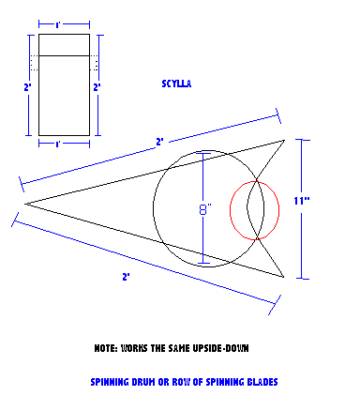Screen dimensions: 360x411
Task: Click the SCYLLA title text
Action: [x=176, y=84]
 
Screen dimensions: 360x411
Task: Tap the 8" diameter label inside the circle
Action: [x=205, y=209]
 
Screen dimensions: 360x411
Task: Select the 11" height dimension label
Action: [x=302, y=201]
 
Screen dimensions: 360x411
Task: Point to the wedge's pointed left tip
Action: [x=25, y=204]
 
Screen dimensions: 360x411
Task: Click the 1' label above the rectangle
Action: [x=57, y=25]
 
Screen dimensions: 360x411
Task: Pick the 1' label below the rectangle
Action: [x=57, y=145]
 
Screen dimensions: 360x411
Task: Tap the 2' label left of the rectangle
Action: [x=28, y=87]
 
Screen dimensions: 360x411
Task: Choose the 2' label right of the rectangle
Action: [x=97, y=87]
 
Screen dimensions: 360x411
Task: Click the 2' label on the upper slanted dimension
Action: [x=159, y=142]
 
